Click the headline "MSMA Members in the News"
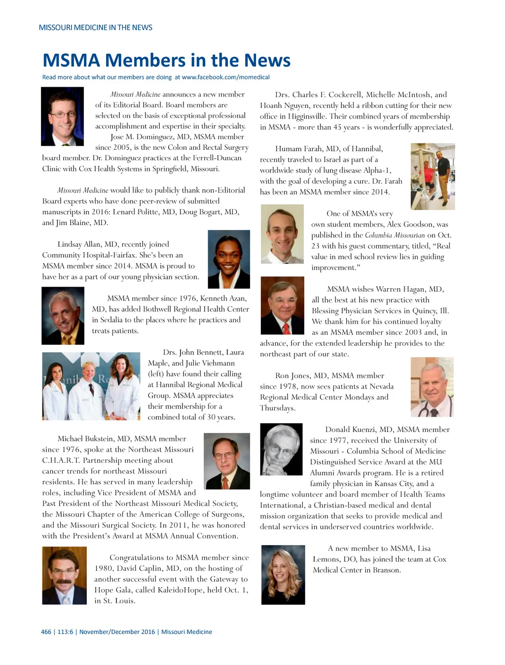click(167, 60)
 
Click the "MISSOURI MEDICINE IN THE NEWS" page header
click(96, 28)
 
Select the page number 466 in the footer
click(46, 632)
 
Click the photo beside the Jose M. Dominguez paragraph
click(63, 116)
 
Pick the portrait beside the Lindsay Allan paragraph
click(229, 259)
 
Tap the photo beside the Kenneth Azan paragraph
click(63, 315)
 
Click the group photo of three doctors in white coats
click(91, 386)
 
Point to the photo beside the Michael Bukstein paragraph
click(227, 461)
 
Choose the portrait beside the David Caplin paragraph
click(65, 575)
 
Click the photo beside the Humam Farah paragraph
click(433, 176)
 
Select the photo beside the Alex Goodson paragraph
click(282, 234)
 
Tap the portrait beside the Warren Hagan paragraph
click(282, 305)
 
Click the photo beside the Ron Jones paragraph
click(432, 387)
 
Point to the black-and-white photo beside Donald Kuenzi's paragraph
click(281, 449)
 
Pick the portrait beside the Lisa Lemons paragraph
click(283, 574)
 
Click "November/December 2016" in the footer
click(117, 632)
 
